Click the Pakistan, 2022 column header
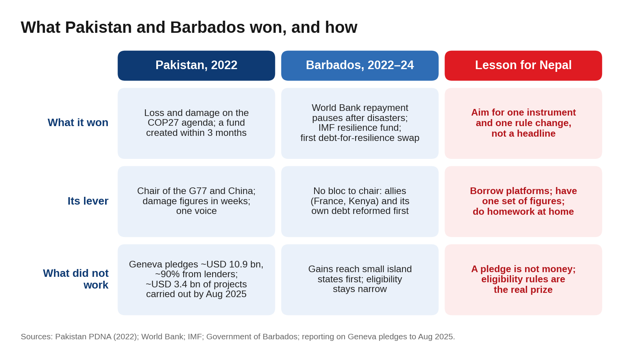point(196,66)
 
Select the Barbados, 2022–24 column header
point(360,66)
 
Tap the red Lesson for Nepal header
point(523,66)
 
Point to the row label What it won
point(78,123)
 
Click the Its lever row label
point(88,201)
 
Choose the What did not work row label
point(75,279)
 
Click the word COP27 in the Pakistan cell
point(163,123)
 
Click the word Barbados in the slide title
point(207,27)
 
